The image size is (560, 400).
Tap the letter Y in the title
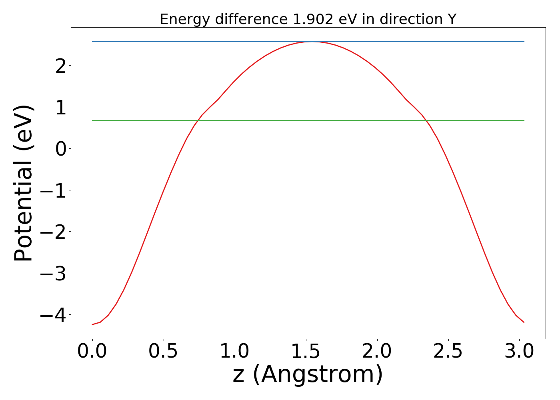pyautogui.click(x=452, y=19)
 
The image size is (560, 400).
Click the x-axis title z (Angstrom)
pyautogui.click(x=308, y=374)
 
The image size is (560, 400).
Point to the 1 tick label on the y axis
pyautogui.click(x=61, y=107)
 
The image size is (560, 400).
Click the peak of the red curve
pyautogui.click(x=312, y=42)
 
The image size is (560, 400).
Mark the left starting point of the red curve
pyautogui.click(x=92, y=324)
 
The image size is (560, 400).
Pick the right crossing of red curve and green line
pyautogui.click(x=426, y=120)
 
